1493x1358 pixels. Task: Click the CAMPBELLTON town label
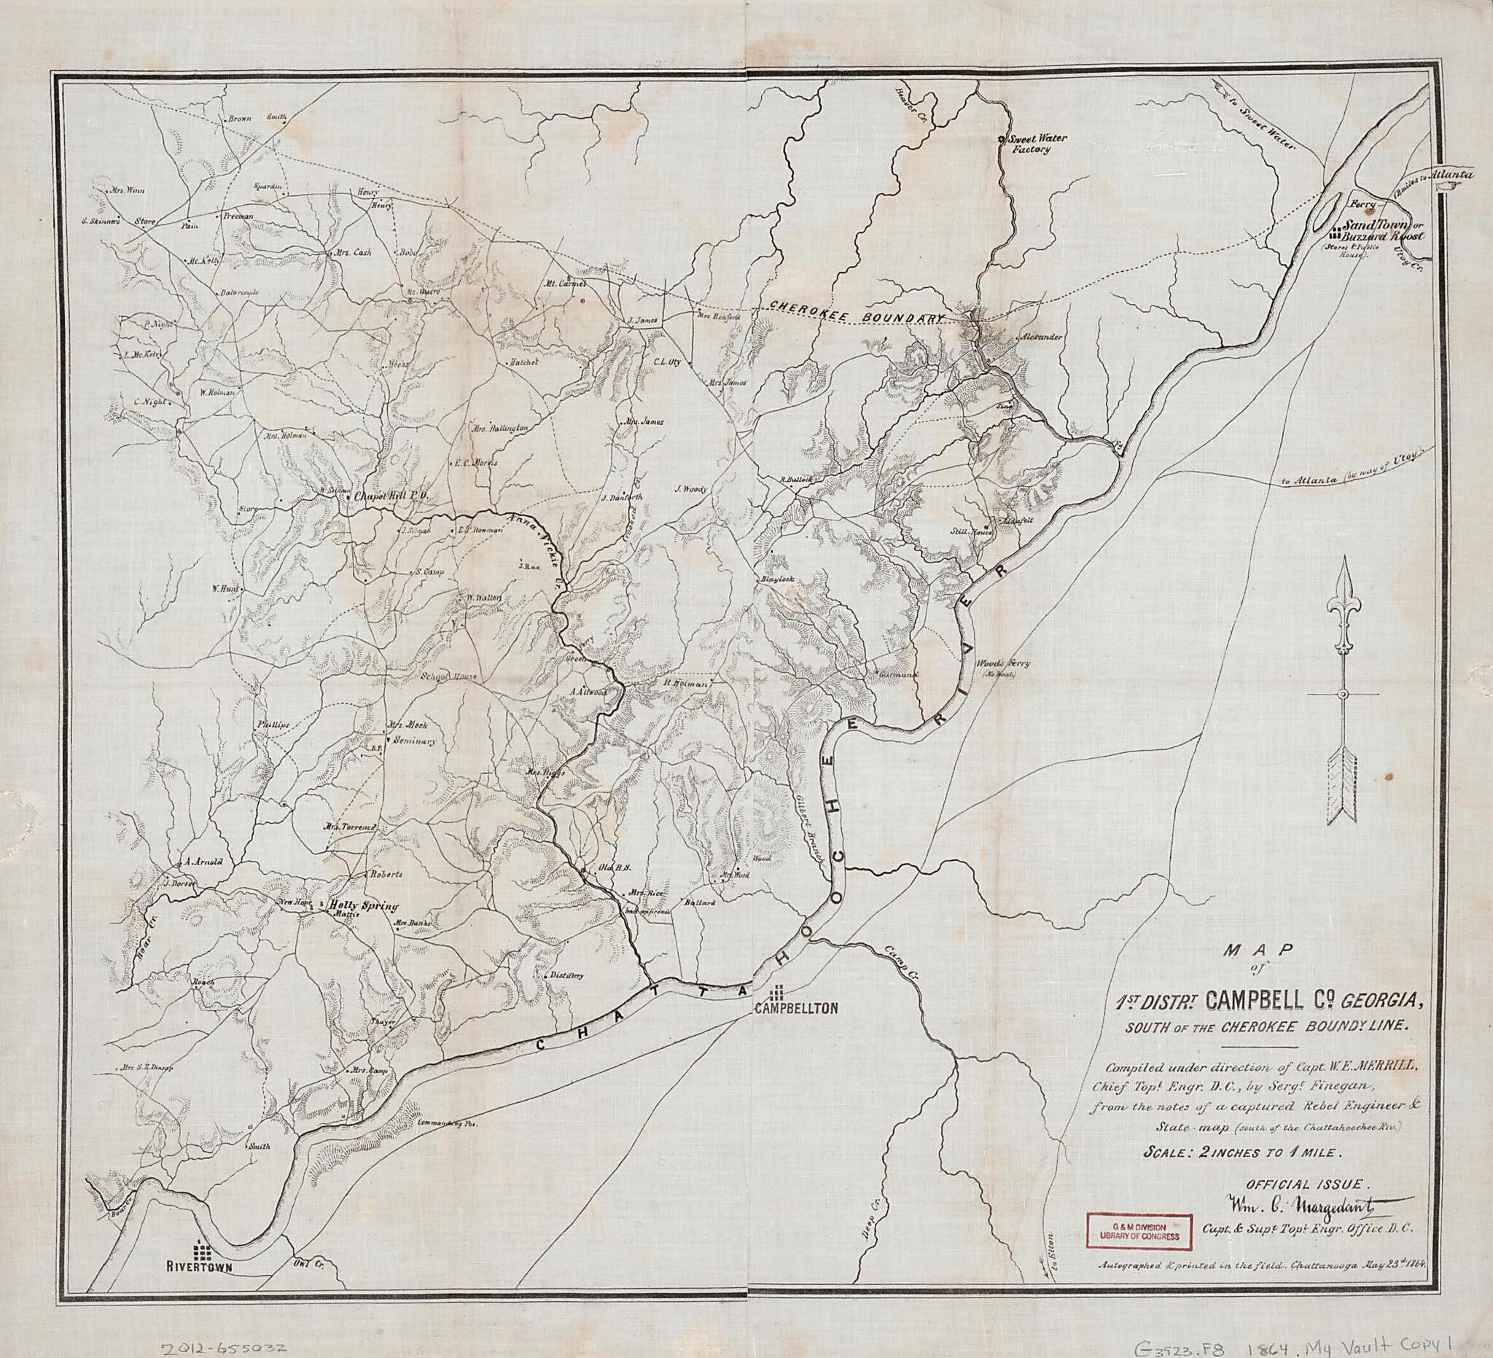click(x=795, y=1008)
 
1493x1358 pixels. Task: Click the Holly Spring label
click(x=364, y=905)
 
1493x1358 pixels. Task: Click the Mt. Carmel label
click(x=565, y=283)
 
